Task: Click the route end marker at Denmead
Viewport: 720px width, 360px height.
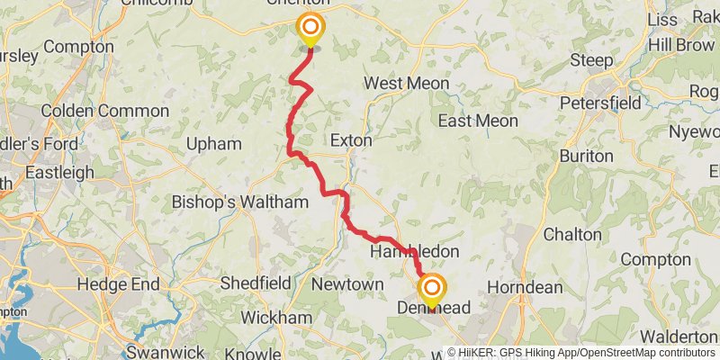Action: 433,290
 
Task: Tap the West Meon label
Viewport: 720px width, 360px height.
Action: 406,83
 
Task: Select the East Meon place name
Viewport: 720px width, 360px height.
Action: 477,121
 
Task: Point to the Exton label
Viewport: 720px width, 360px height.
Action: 351,140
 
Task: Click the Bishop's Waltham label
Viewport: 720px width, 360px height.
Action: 239,202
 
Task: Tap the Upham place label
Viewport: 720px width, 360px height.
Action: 213,144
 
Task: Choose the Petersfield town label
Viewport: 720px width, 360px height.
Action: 600,103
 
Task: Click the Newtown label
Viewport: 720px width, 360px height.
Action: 347,284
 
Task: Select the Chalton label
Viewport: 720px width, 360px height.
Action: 572,234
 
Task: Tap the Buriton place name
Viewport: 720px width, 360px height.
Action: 586,156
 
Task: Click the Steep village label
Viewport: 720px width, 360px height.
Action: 591,60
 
